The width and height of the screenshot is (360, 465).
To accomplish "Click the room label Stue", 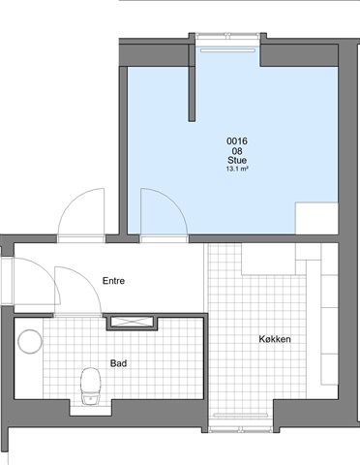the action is (237, 160).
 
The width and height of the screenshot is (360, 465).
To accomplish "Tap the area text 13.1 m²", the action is (237, 169).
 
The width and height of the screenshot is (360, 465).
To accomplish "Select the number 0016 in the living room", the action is (237, 141).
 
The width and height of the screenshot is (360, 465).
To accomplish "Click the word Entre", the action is (113, 281).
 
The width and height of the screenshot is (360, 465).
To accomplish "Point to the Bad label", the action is (118, 363).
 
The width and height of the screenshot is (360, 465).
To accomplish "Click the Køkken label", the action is (275, 339).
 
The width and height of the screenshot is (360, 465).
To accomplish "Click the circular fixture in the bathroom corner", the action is (30, 341).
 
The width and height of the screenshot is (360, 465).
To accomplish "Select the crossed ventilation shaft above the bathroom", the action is (133, 322).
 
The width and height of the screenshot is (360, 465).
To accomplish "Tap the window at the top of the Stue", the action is (227, 36).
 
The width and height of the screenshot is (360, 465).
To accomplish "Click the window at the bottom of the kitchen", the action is (240, 429).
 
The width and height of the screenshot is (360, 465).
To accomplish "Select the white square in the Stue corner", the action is (316, 218).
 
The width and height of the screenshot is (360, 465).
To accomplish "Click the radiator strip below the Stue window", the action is (227, 50).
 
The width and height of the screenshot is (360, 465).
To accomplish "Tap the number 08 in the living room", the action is (237, 151).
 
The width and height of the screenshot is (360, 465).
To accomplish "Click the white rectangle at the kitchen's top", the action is (268, 259).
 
